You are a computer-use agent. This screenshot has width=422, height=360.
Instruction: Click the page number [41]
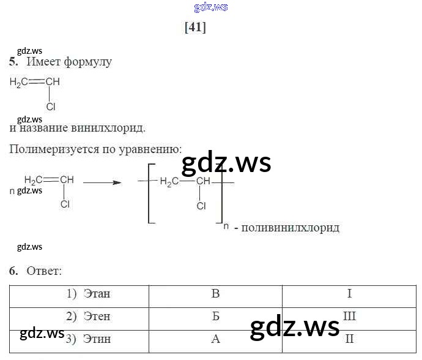[195, 28]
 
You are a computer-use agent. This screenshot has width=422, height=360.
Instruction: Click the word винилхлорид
[108, 129]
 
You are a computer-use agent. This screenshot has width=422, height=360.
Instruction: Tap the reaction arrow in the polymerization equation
[102, 182]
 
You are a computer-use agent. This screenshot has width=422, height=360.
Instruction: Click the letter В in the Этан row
[215, 294]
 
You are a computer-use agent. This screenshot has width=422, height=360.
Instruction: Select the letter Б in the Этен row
[215, 317]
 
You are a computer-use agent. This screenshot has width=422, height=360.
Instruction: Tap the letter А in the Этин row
[215, 339]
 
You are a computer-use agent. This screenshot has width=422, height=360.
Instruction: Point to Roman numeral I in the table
[349, 294]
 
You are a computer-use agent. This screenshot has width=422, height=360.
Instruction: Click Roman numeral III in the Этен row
[349, 317]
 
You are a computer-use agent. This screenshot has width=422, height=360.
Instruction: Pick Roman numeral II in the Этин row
[349, 339]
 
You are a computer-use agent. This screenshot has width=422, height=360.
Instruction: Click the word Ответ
[44, 271]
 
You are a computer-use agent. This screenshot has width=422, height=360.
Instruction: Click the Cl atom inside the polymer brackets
[201, 206]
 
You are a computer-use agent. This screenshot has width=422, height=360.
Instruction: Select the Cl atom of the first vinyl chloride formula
[51, 107]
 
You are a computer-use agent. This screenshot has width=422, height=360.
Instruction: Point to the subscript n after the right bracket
[226, 227]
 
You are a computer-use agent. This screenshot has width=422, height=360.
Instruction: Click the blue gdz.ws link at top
[211, 7]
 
